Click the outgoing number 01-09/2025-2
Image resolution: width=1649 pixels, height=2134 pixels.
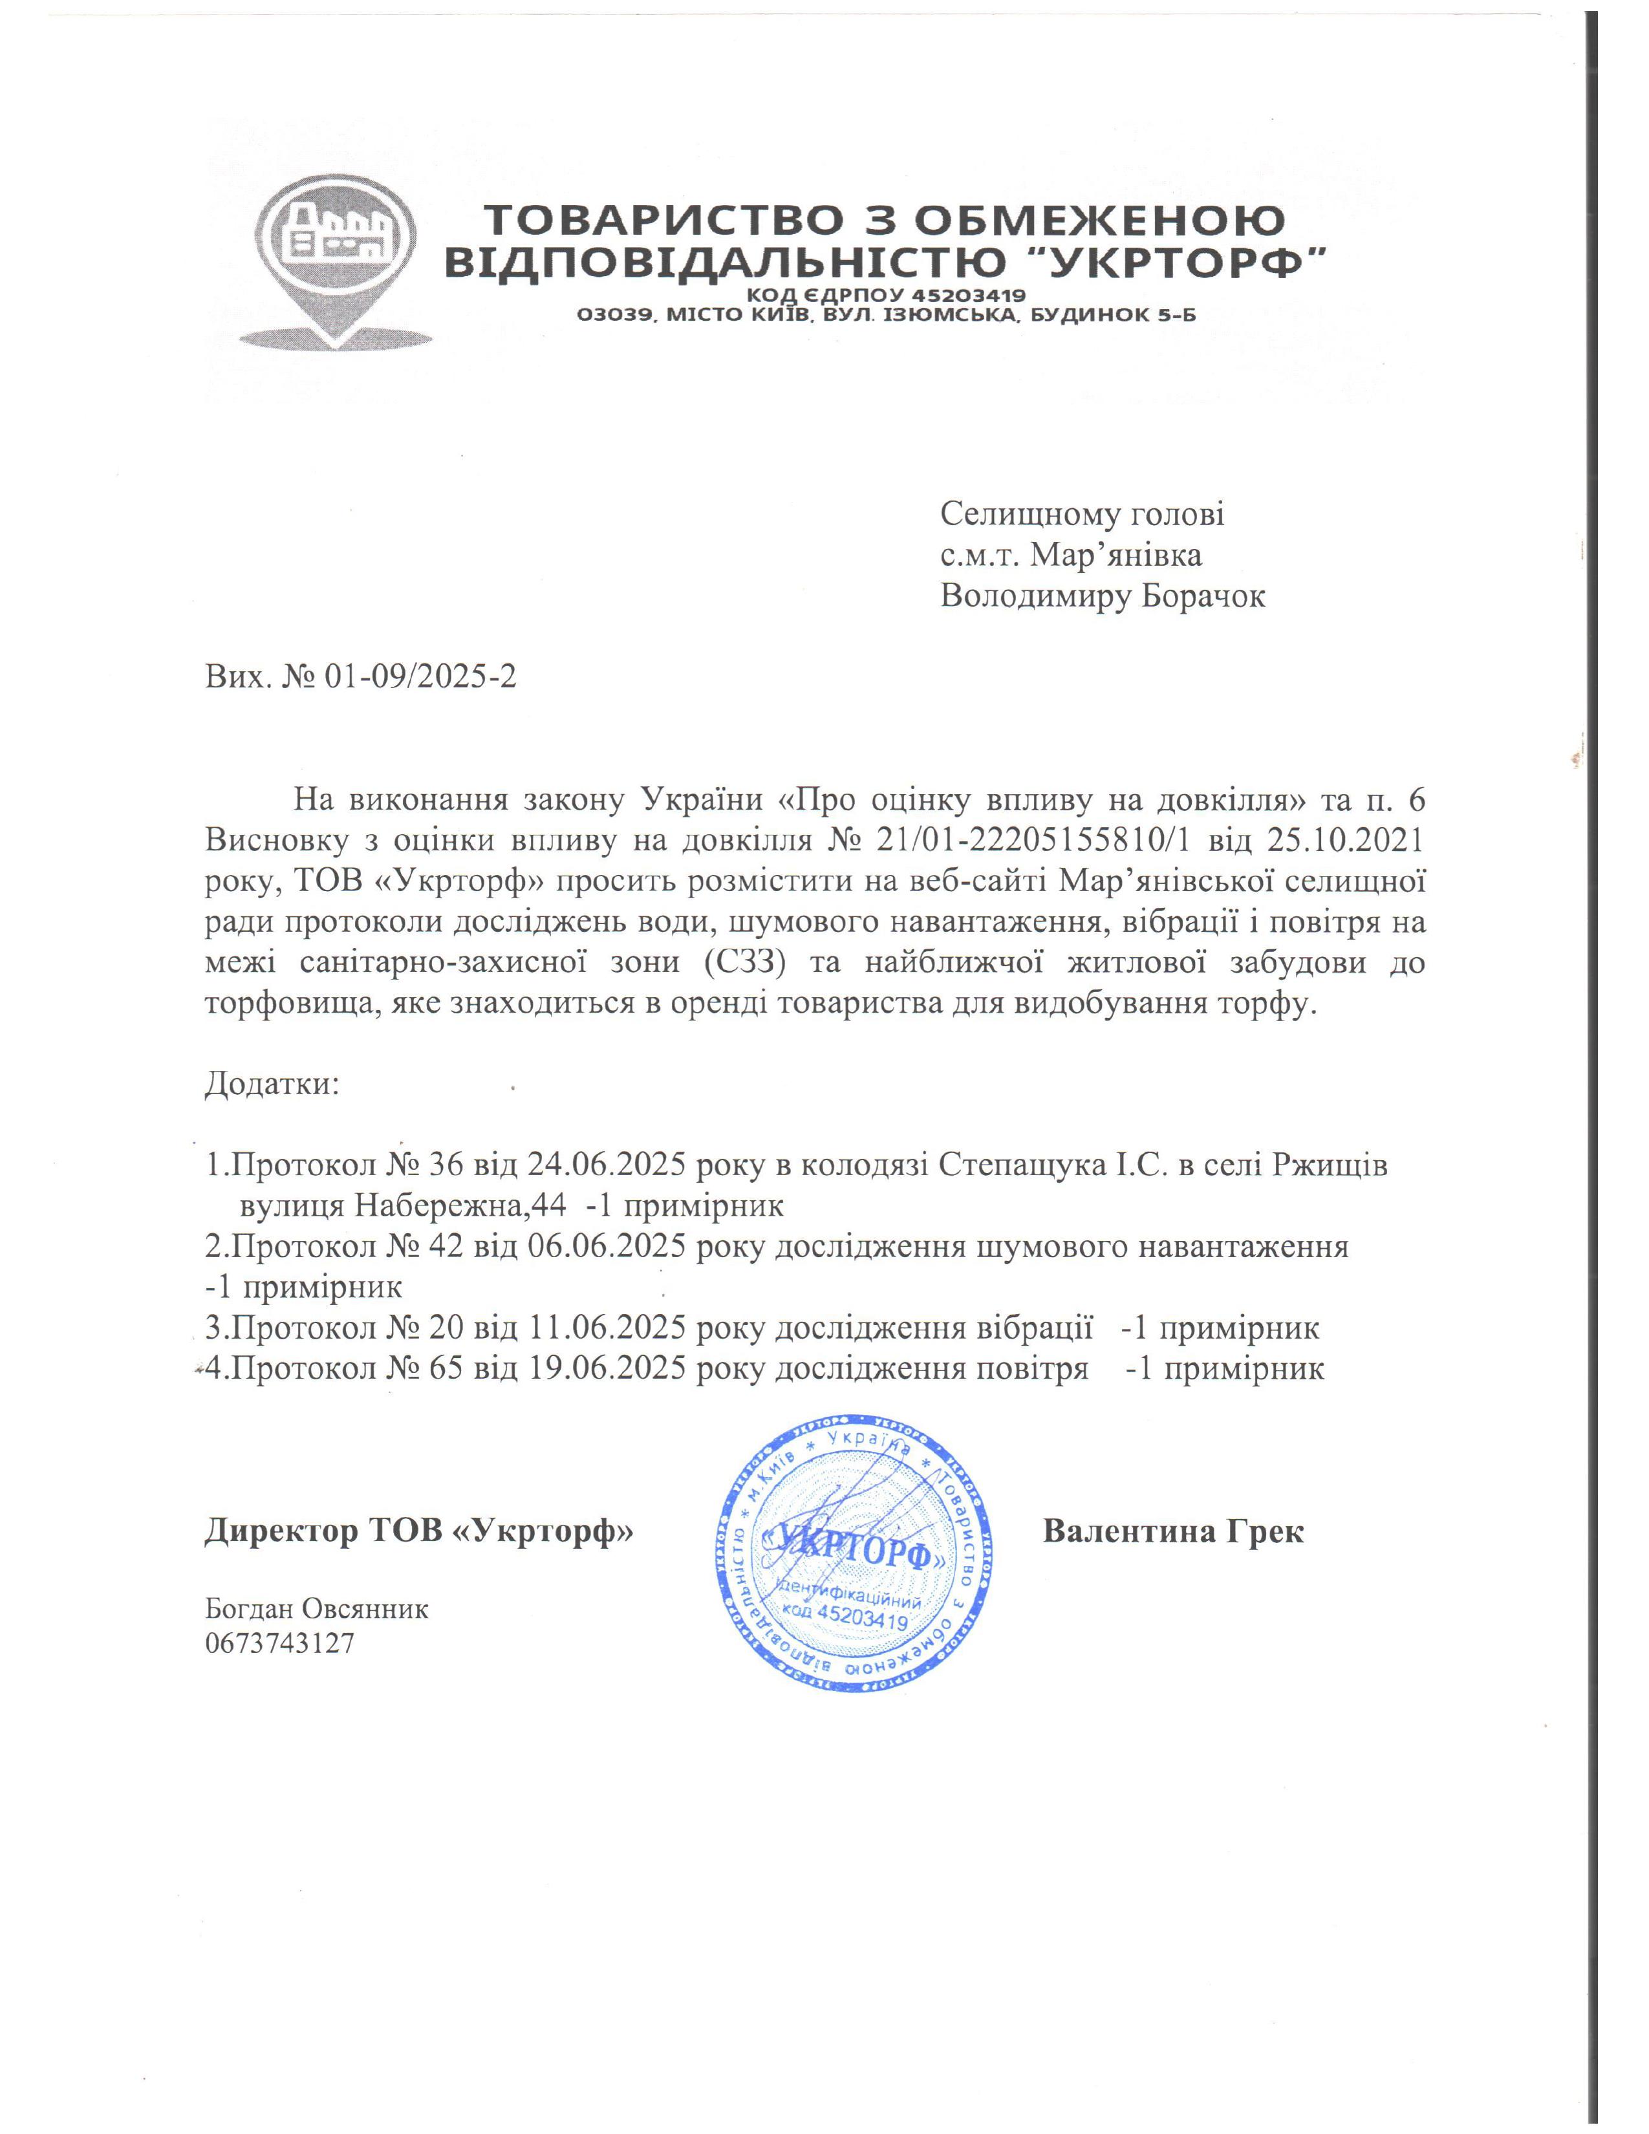click(420, 676)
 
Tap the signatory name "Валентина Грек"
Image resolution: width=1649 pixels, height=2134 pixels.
click(1173, 1531)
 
